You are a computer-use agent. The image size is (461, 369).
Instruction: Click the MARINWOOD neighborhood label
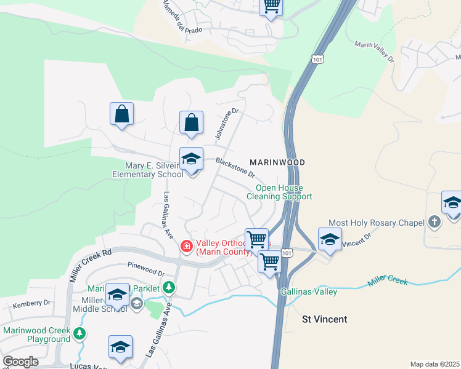[277, 162]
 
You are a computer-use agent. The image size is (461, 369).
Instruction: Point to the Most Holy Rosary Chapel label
[377, 222]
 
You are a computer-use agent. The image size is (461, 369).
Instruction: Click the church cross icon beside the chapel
[434, 222]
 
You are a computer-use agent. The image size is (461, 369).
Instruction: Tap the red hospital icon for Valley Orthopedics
[186, 247]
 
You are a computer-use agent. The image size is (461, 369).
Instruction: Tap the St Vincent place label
[324, 319]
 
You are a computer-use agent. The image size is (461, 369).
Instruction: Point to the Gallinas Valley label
[309, 292]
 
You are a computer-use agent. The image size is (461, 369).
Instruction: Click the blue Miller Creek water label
[388, 282]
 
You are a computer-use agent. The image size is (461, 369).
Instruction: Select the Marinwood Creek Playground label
[36, 335]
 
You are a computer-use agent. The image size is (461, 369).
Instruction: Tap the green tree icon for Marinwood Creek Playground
[79, 334]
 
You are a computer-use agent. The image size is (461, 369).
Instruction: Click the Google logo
[20, 362]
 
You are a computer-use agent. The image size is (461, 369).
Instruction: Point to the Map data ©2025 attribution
[434, 364]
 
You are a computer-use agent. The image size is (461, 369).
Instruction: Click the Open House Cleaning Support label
[279, 192]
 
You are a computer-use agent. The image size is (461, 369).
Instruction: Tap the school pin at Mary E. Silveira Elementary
[191, 160]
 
